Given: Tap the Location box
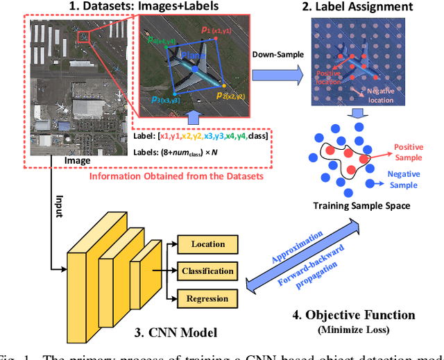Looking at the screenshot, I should (x=207, y=244).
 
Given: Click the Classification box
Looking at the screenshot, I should (x=207, y=271).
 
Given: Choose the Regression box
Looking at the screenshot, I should (x=207, y=299).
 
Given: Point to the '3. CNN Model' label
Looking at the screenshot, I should (x=182, y=332).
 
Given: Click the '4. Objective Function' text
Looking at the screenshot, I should (x=353, y=316).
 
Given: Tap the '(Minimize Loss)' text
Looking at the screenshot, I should (x=353, y=330).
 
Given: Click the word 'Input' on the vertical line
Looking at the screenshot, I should (x=60, y=205).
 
